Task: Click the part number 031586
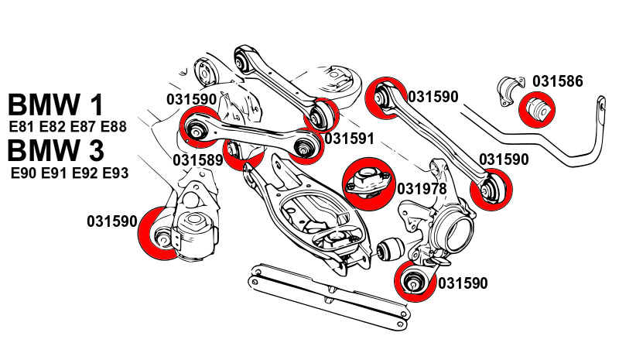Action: [x=557, y=81]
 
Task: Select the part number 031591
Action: [x=350, y=139]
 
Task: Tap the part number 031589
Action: [x=198, y=160]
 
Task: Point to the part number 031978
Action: [x=422, y=189]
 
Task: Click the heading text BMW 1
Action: [x=56, y=105]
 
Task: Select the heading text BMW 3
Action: [x=56, y=150]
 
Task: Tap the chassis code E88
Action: [x=114, y=127]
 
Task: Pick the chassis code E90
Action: [x=25, y=173]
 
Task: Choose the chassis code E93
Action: [x=115, y=173]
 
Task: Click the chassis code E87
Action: [x=84, y=127]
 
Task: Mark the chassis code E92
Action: [x=85, y=173]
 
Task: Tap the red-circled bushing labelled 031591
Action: [x=320, y=115]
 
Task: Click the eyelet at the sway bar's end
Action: [x=600, y=105]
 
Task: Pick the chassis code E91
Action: [x=55, y=173]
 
